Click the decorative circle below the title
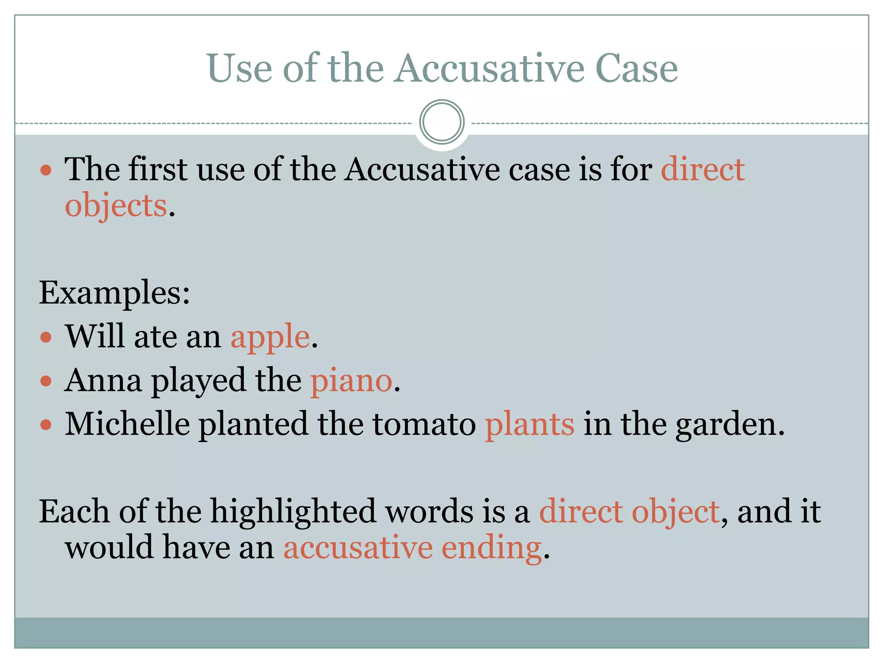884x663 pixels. [x=442, y=122]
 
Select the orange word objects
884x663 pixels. [x=116, y=205]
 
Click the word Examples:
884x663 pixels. [x=114, y=293]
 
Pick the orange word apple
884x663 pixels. [x=270, y=337]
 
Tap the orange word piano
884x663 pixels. [x=351, y=381]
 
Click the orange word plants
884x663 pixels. [x=530, y=424]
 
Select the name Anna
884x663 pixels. [x=103, y=381]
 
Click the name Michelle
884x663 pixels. [x=127, y=424]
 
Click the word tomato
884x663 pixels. [x=424, y=424]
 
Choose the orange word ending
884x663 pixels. [x=492, y=549]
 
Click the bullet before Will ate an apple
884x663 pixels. [x=46, y=337]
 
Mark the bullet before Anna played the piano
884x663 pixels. [x=46, y=381]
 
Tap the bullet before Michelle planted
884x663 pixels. [x=46, y=425]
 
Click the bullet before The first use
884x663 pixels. [x=46, y=170]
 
